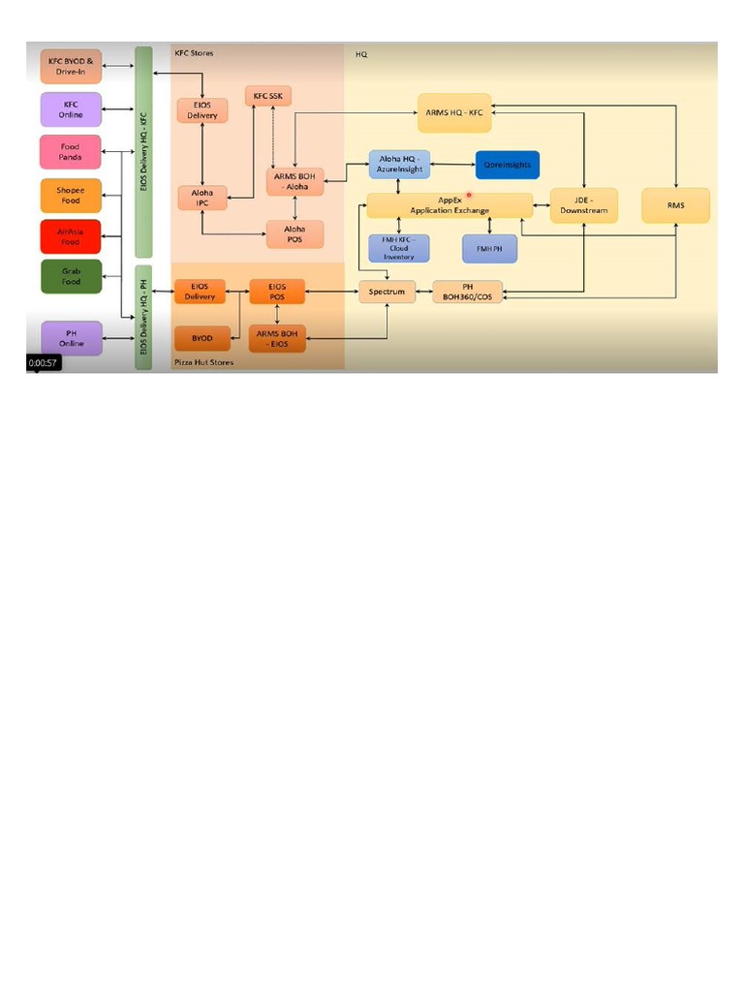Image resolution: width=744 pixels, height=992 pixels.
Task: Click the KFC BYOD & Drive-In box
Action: point(70,67)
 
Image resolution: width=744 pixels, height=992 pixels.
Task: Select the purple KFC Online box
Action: point(70,108)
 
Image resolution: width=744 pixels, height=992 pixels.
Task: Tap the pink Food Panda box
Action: point(70,151)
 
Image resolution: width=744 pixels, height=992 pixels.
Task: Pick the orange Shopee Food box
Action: point(70,195)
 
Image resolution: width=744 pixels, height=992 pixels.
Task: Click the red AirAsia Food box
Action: point(70,236)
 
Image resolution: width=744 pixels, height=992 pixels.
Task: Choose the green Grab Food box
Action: point(70,277)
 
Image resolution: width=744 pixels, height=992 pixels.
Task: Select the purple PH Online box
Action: point(70,338)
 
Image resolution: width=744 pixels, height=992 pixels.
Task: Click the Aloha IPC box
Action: point(201,198)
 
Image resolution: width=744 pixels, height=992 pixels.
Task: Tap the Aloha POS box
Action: point(294,233)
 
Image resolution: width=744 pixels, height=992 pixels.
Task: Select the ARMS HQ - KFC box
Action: point(454,112)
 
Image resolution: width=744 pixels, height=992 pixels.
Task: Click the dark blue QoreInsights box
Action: point(507,165)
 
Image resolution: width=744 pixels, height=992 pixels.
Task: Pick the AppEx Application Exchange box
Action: point(449,205)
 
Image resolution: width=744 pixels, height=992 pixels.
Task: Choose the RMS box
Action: point(676,205)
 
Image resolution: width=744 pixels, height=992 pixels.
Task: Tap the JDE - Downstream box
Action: point(583,205)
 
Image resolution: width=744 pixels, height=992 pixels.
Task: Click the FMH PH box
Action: point(489,248)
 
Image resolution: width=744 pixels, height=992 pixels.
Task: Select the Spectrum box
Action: point(387,291)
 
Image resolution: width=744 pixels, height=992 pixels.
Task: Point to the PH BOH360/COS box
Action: point(468,291)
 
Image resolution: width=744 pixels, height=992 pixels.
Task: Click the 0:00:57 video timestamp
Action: point(44,363)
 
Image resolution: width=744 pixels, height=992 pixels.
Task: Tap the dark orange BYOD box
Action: point(201,338)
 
